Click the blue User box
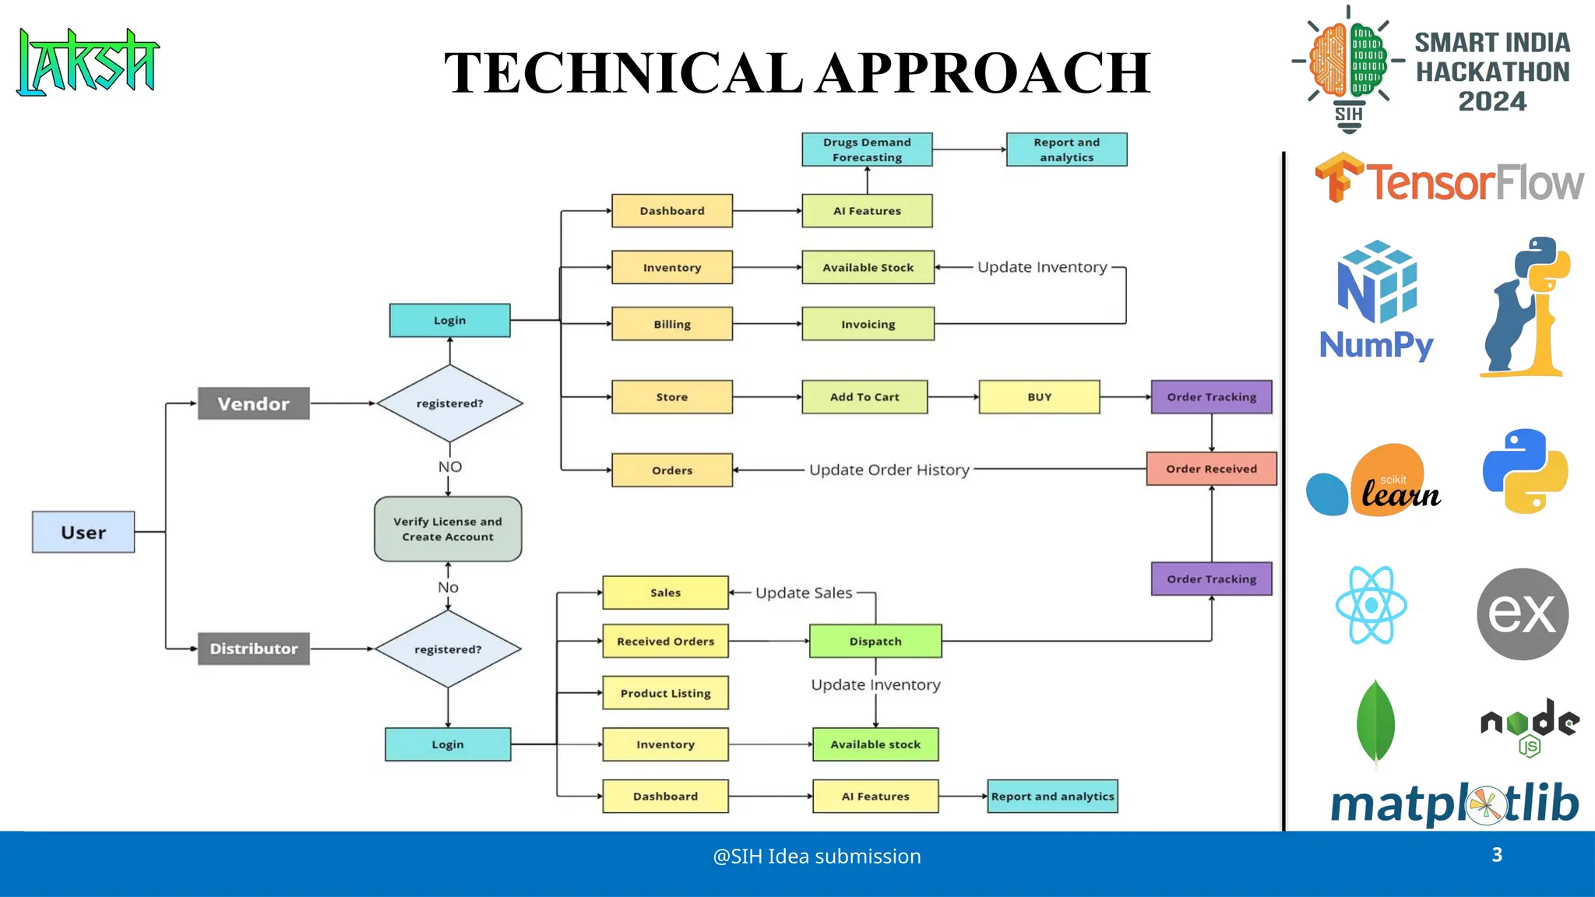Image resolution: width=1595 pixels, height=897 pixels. point(83,533)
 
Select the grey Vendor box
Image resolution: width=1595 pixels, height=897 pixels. point(253,403)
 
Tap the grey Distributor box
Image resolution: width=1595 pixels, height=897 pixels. point(253,649)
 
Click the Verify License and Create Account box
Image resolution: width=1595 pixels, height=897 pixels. point(448,529)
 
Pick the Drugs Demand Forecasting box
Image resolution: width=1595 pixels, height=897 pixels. point(867,149)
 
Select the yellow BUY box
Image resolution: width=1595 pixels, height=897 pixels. point(1039,397)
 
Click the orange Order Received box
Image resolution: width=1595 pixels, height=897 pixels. point(1211,469)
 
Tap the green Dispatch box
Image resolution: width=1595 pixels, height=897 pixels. point(875,642)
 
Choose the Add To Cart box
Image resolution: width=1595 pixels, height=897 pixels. point(864,397)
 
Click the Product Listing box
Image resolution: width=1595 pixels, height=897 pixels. point(665,693)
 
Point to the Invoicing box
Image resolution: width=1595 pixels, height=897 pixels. point(868,324)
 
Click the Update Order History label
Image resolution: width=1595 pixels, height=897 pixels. point(889,470)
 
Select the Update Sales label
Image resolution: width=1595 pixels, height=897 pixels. point(804,593)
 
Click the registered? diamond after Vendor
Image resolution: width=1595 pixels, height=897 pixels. point(449,403)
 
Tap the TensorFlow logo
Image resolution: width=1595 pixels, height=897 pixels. point(1449,181)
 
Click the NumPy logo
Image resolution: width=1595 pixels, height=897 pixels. point(1376,301)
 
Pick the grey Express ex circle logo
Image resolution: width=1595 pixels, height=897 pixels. point(1522,614)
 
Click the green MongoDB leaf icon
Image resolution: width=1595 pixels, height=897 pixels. point(1375,722)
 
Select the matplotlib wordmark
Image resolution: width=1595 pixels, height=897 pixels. point(1454,804)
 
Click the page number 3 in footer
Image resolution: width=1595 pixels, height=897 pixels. point(1497,855)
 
